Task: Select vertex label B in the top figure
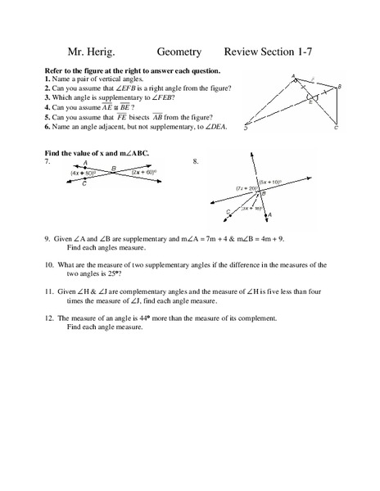tap(340, 87)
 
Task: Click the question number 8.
tap(196, 162)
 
